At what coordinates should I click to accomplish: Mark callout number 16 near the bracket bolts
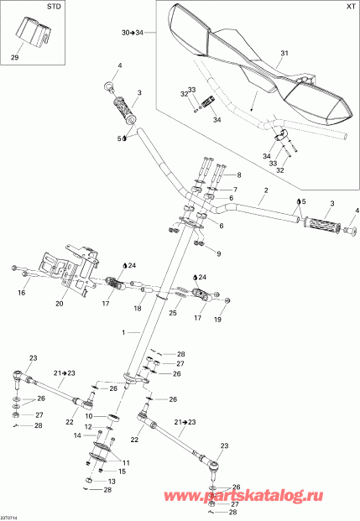pyautogui.click(x=23, y=293)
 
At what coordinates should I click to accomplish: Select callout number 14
pyautogui.click(x=77, y=436)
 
